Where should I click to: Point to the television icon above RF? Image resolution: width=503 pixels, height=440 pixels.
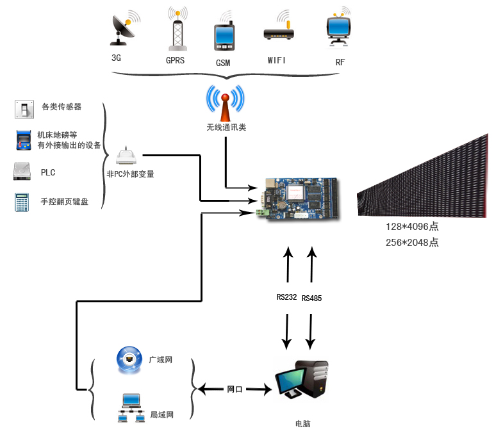click(338, 28)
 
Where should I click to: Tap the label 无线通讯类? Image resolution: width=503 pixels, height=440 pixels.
click(226, 127)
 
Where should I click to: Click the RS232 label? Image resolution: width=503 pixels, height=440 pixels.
click(287, 297)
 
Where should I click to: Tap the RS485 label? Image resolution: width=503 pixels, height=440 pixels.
click(311, 298)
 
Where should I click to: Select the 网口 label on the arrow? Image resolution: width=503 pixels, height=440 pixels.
click(235, 389)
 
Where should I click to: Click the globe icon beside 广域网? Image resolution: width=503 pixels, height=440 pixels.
click(129, 360)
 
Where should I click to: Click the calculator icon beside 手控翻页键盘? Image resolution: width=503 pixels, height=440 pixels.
click(23, 202)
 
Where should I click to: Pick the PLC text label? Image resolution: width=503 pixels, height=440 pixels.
click(48, 172)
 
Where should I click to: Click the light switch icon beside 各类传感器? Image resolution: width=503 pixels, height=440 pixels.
click(23, 109)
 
